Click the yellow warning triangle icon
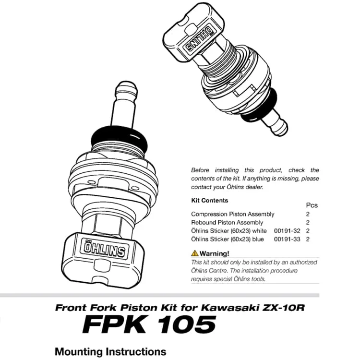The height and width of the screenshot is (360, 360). [194, 253]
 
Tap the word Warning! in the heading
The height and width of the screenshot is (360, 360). [215, 253]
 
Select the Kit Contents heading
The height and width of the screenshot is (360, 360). [209, 201]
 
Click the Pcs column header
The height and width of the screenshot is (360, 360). [312, 205]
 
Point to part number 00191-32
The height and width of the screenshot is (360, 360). [287, 231]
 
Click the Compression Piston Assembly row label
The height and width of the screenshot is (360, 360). [232, 214]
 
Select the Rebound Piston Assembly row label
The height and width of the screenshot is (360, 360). [227, 223]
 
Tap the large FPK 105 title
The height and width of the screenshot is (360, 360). [149, 325]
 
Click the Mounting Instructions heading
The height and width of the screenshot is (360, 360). [110, 351]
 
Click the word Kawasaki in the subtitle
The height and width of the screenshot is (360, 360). [228, 308]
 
